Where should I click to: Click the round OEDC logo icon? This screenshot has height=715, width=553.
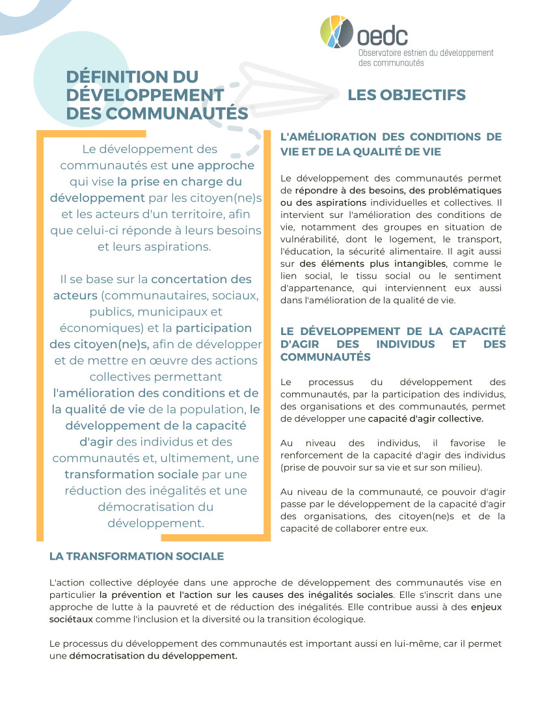click(x=338, y=31)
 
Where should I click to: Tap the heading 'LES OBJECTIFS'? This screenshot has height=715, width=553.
click(x=407, y=95)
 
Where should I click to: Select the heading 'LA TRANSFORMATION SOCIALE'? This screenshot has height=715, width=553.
click(x=137, y=556)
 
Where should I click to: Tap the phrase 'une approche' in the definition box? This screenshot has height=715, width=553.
click(x=213, y=165)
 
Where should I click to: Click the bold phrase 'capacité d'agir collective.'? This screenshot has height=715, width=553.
click(x=425, y=418)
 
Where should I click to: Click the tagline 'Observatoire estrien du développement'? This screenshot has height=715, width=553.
click(x=425, y=53)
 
